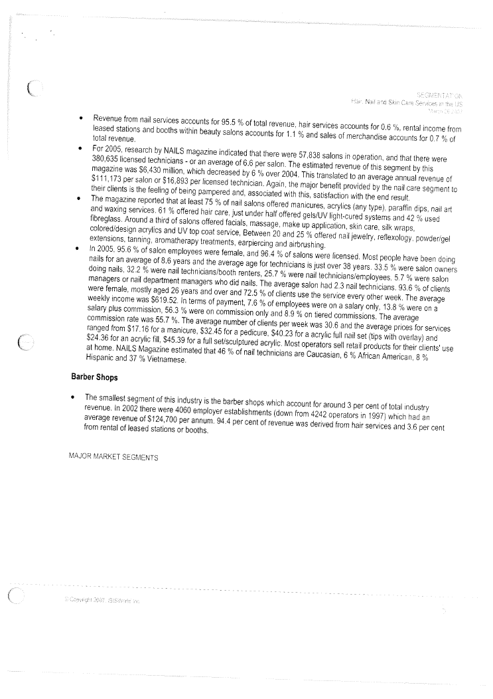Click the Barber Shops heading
pos(96,377)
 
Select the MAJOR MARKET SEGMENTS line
pos(113,458)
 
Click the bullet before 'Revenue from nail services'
pos(80,120)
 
